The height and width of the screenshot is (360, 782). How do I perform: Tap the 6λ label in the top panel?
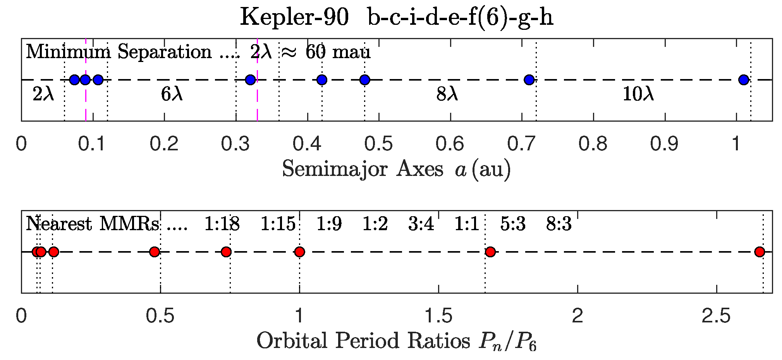click(x=172, y=94)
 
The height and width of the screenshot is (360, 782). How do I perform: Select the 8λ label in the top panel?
click(x=447, y=94)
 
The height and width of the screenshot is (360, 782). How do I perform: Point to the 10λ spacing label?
click(x=638, y=94)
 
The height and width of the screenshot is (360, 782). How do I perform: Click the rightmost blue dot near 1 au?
click(x=743, y=80)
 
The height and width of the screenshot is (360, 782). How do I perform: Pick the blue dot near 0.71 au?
click(x=529, y=80)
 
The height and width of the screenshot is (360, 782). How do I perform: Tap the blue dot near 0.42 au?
click(x=322, y=80)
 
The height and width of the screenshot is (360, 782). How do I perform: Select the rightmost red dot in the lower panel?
click(x=760, y=252)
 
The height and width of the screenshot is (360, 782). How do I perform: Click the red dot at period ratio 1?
click(x=299, y=252)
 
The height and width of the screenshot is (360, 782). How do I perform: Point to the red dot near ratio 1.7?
click(x=490, y=252)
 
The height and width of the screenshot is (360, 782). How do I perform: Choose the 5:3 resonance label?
click(x=513, y=224)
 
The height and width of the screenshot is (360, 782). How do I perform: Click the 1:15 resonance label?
click(x=278, y=224)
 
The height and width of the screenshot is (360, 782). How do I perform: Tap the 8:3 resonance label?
click(x=559, y=224)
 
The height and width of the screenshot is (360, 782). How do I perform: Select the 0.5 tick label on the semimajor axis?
click(x=379, y=144)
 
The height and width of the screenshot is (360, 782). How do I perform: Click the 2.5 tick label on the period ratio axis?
click(x=716, y=316)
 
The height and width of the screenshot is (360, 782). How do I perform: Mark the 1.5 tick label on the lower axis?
click(x=438, y=316)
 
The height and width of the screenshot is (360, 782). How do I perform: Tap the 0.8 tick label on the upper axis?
click(x=593, y=144)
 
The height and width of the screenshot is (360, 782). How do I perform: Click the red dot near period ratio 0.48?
click(x=155, y=252)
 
